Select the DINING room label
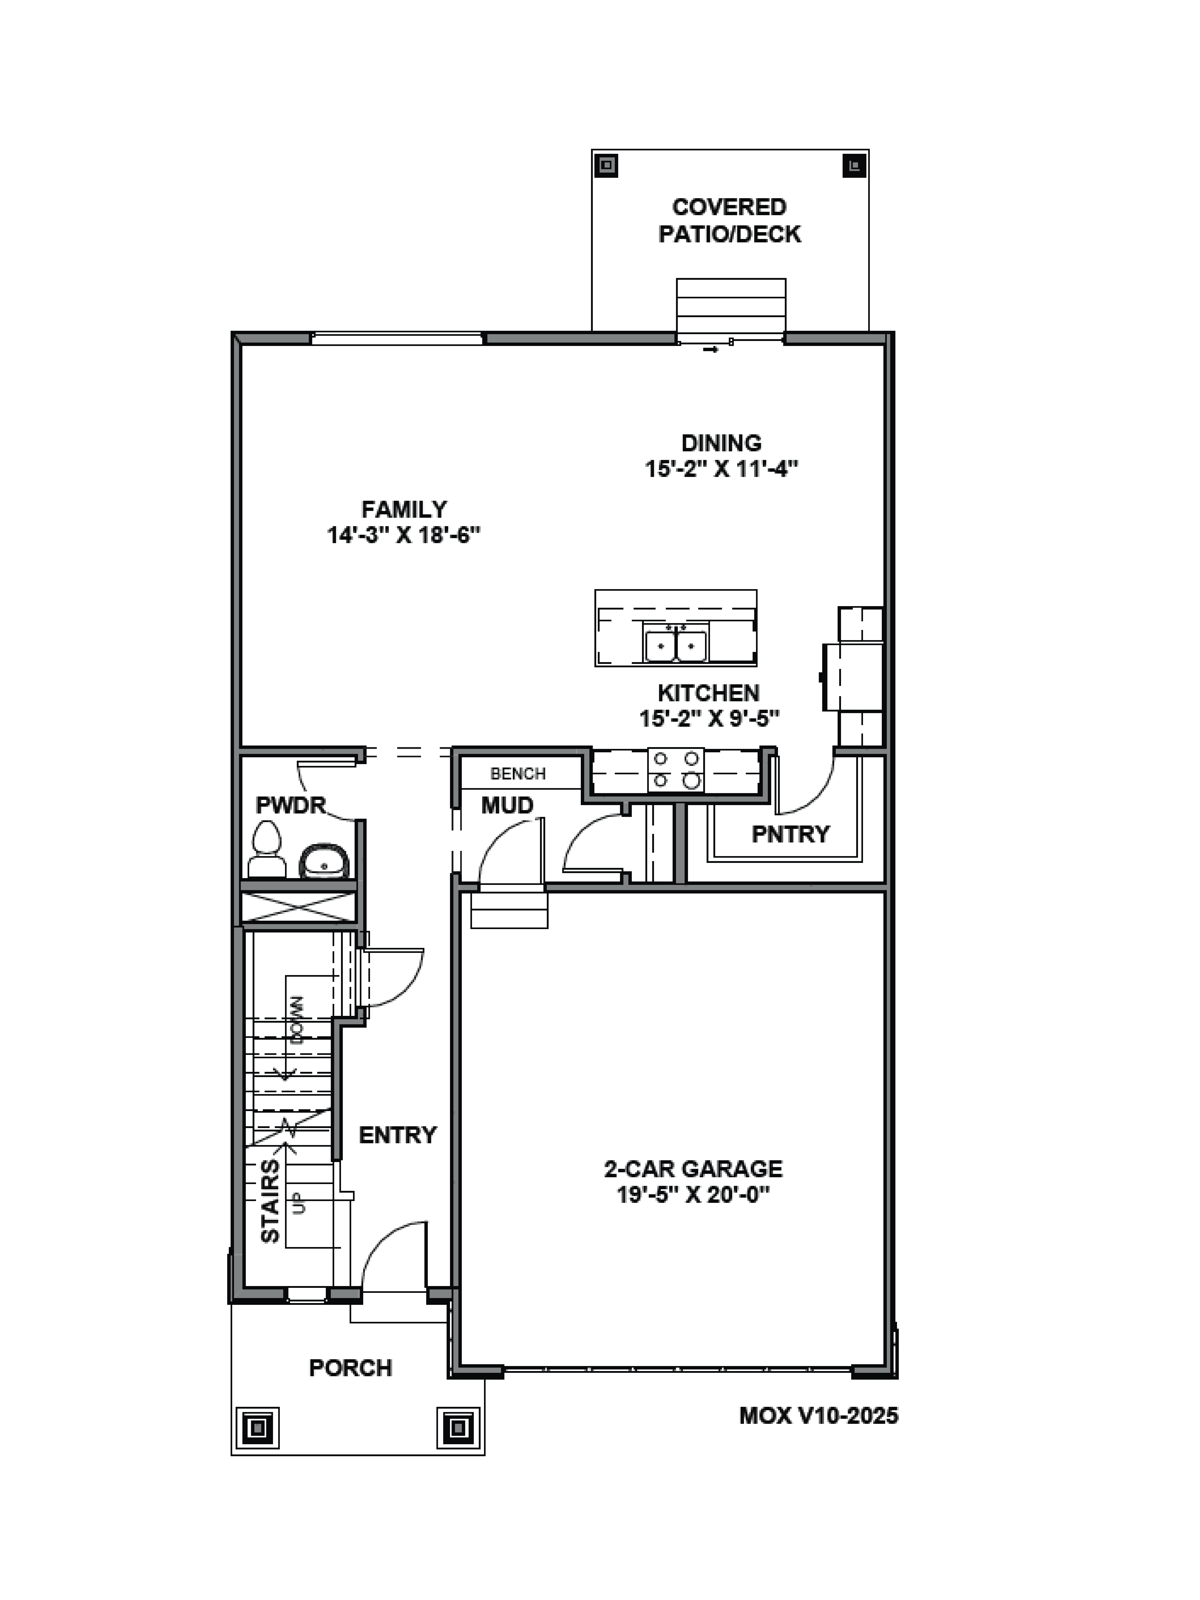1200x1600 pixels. [721, 443]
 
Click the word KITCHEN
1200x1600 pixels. [708, 693]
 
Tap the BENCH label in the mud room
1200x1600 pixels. [518, 774]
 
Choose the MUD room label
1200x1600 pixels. [507, 805]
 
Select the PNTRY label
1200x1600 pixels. [790, 834]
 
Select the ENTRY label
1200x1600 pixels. [398, 1135]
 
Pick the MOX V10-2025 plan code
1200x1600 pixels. [818, 1416]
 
